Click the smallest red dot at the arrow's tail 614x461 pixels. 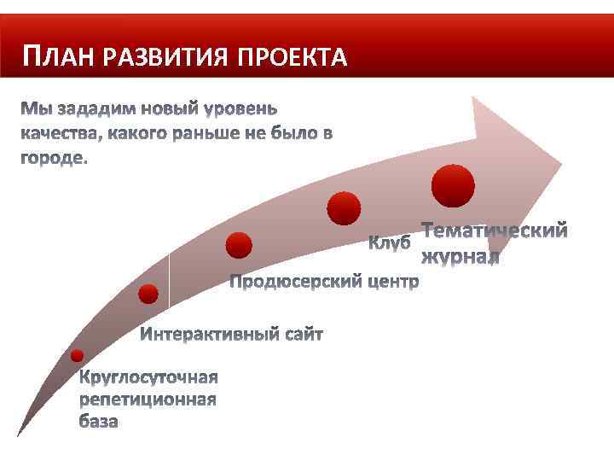(x=78, y=355)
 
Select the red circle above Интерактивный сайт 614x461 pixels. (x=148, y=295)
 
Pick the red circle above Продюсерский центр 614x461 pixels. (x=239, y=246)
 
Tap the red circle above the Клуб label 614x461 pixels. (x=345, y=207)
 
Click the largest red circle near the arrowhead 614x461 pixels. (x=453, y=185)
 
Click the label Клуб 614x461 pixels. (x=390, y=242)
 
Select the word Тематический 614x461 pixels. (x=495, y=231)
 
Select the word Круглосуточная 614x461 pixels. (x=148, y=377)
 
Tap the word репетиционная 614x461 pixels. (x=148, y=399)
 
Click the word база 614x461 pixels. (x=99, y=421)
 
